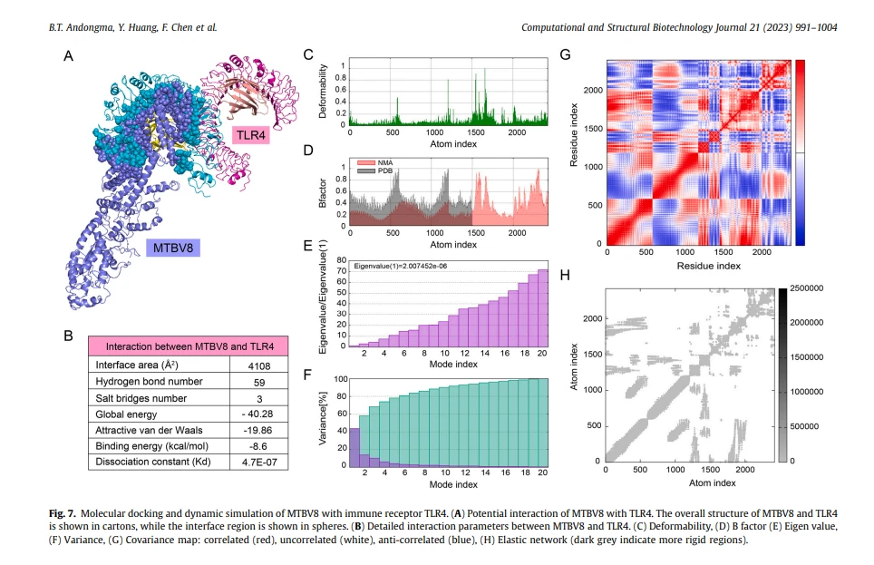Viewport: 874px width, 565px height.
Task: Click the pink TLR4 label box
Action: [251, 135]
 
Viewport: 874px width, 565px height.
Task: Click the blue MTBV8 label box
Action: [173, 248]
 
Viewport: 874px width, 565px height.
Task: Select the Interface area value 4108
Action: [259, 365]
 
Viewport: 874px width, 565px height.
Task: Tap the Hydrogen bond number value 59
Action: [259, 383]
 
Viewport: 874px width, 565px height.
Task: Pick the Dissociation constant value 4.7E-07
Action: [259, 463]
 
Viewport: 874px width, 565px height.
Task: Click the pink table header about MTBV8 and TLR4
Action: [189, 346]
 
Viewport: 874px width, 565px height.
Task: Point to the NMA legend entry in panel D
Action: [375, 163]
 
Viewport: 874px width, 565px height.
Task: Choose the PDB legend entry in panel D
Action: [375, 170]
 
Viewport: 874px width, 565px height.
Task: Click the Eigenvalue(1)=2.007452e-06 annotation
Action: [400, 267]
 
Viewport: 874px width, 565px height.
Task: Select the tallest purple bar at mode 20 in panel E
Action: [542, 308]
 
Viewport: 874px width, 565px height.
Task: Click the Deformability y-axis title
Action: [322, 91]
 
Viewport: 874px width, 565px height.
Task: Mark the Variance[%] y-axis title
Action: [322, 418]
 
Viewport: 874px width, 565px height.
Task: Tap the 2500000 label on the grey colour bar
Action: [807, 288]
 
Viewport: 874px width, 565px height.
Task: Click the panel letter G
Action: [565, 54]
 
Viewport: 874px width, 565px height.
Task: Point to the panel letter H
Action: [565, 275]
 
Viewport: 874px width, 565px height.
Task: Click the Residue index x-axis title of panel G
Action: [708, 266]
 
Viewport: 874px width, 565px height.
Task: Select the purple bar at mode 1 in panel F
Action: [354, 447]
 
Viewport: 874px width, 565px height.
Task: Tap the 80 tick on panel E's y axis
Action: [341, 260]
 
